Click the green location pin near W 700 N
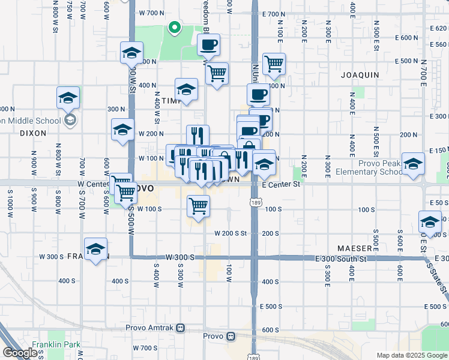coord(174,27)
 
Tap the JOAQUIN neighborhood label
coord(360,75)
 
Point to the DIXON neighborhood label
coord(33,133)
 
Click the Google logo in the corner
coord(20,352)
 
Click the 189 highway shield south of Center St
coord(255,205)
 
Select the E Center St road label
coord(280,184)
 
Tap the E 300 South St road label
coord(341,258)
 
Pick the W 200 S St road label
coord(231,233)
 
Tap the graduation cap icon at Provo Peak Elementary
coord(413,163)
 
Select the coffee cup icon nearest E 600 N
coord(208,44)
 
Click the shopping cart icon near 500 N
coord(274,63)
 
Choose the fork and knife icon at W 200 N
coord(197,136)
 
